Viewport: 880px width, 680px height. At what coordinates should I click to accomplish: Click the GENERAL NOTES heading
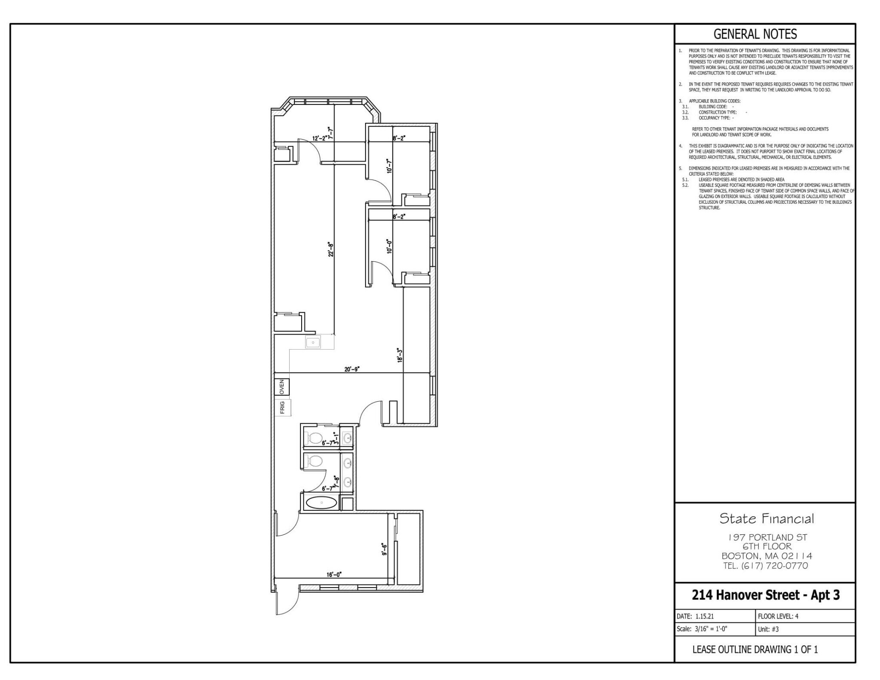[x=755, y=34]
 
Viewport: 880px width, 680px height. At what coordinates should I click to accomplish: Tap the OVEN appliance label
[x=282, y=387]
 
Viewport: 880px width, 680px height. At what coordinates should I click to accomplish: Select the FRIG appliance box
[x=283, y=407]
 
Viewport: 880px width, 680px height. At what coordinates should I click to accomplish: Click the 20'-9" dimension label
[x=351, y=369]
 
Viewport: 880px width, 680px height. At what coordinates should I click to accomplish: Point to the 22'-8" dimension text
[x=331, y=249]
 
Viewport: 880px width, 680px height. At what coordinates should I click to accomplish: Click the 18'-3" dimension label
[x=400, y=355]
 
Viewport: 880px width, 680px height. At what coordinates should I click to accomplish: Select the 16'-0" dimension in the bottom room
[x=334, y=574]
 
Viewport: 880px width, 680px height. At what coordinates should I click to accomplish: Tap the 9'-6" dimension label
[x=385, y=549]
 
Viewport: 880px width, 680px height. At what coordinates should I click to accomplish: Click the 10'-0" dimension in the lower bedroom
[x=389, y=246]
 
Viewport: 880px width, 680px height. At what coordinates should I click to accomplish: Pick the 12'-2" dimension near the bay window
[x=320, y=138]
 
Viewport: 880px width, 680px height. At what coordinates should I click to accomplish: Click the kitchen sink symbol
[x=313, y=342]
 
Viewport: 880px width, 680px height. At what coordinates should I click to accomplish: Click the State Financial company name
[x=767, y=519]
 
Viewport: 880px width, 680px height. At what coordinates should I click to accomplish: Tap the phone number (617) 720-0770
[x=765, y=566]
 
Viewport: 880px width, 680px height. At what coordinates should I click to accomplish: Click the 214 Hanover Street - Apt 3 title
[x=765, y=595]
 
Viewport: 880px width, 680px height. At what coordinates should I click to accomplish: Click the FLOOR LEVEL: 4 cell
[x=778, y=616]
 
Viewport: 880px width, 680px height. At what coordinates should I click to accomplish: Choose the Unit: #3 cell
[x=768, y=629]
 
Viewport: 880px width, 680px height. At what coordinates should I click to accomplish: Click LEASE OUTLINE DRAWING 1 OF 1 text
[x=755, y=650]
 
